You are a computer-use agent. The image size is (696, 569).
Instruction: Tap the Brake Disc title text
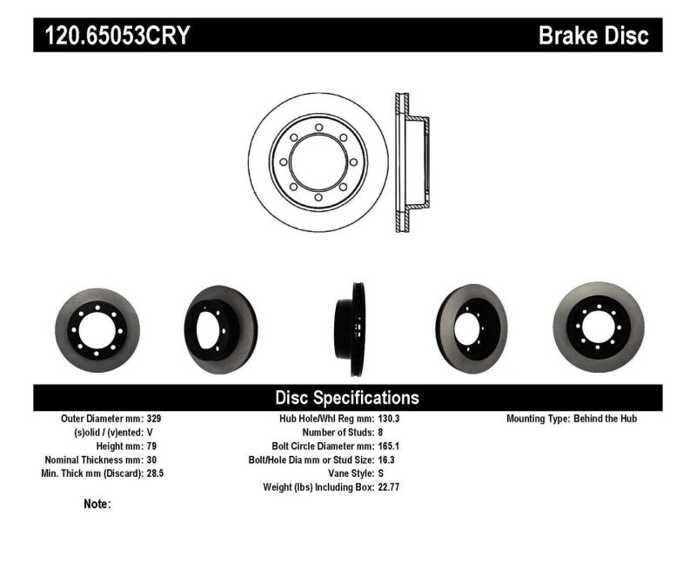point(593,36)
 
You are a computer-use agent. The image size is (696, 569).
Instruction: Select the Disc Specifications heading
point(347,398)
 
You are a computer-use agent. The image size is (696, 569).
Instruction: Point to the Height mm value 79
point(153,446)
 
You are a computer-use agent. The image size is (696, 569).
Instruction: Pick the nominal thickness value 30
point(153,460)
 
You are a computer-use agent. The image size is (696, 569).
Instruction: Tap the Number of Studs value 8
point(381,432)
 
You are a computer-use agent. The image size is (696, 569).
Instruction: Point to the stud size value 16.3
point(385,460)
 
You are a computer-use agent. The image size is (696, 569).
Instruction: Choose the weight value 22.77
point(388,487)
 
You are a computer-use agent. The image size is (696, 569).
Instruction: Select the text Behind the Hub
point(606,418)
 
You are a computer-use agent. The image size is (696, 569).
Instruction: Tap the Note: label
point(97,504)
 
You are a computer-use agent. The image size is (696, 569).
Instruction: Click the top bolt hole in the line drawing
point(318,128)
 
